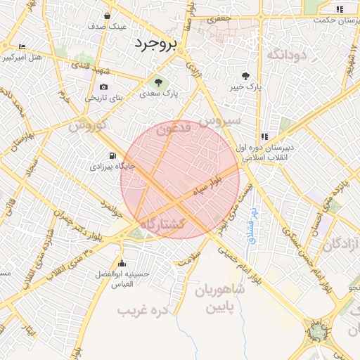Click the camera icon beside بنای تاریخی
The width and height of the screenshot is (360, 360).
tap(104, 86)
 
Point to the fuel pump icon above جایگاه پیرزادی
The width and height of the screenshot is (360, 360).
tap(111, 155)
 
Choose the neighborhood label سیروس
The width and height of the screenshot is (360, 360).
tap(220, 120)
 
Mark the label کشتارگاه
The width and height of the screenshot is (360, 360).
tap(162, 224)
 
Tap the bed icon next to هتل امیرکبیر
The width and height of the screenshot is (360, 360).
tap(22, 46)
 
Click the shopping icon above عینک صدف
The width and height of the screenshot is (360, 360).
tap(107, 15)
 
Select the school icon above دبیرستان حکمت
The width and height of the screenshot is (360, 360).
tap(340, 9)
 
